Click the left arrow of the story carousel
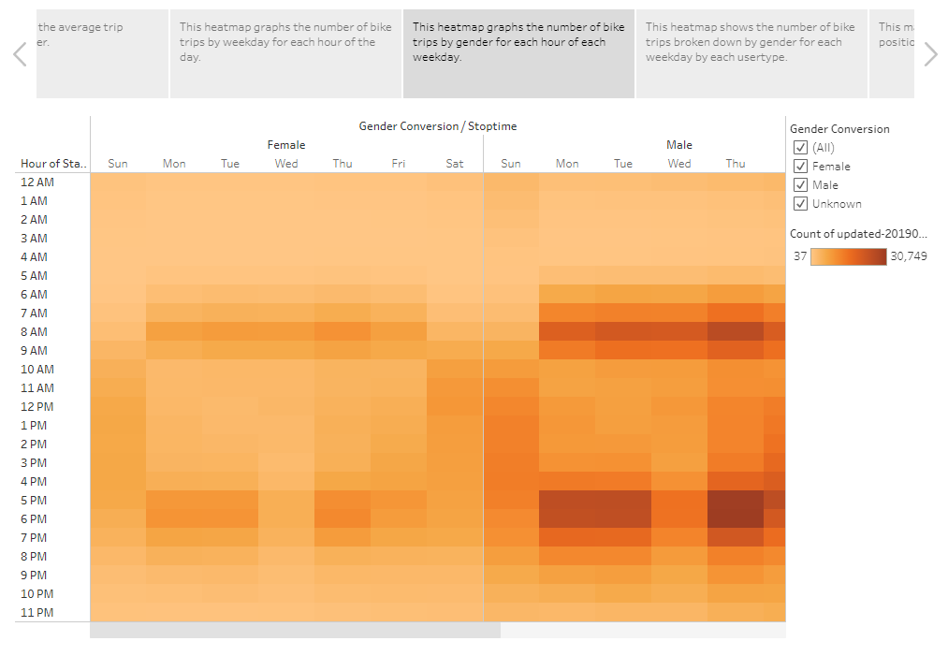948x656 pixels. tap(20, 54)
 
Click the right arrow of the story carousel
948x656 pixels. tap(930, 54)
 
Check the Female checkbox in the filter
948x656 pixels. tap(800, 167)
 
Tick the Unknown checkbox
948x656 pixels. tap(800, 204)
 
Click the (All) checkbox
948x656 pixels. tap(800, 148)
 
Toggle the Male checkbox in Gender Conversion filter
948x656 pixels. tap(800, 185)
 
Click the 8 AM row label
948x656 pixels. tap(34, 332)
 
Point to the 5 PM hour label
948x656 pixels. tap(34, 501)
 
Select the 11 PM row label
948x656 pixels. tap(36, 613)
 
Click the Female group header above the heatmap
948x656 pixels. tap(286, 145)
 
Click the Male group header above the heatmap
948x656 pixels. tap(678, 145)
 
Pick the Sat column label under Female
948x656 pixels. tap(455, 164)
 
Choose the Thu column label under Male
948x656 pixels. tap(736, 164)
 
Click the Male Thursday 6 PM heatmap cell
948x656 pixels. tap(736, 519)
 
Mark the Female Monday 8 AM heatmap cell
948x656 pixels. tap(174, 332)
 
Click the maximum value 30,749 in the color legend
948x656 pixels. tap(908, 256)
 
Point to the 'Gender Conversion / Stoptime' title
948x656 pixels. tap(437, 126)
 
